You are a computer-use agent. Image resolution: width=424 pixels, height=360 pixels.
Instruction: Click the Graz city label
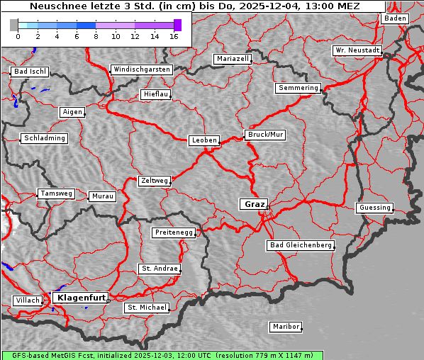(x=254, y=204)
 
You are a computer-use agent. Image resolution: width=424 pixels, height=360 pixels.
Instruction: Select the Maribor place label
(x=285, y=327)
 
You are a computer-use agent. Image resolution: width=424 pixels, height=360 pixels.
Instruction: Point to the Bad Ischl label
(x=30, y=72)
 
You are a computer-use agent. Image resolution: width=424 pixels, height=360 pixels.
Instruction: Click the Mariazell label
(x=233, y=59)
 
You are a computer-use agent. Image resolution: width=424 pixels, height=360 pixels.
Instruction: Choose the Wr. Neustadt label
(x=357, y=51)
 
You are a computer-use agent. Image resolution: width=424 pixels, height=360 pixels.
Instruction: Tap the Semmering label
(x=298, y=88)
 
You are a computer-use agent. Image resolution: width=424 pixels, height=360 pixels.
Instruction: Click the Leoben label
(x=203, y=140)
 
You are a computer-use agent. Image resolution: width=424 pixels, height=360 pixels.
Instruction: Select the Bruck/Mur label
(x=264, y=135)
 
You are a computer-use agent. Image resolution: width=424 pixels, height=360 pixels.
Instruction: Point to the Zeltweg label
(x=154, y=181)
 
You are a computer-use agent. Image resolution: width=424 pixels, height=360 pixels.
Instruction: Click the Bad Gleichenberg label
(x=300, y=245)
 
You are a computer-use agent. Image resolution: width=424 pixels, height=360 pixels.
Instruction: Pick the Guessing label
(x=374, y=208)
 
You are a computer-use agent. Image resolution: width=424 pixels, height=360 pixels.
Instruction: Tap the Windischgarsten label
(x=141, y=69)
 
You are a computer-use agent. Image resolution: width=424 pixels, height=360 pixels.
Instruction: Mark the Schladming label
(x=44, y=138)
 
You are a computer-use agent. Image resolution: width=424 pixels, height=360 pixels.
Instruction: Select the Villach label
(x=27, y=300)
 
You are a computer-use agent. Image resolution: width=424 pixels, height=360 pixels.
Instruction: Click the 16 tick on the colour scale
(x=174, y=35)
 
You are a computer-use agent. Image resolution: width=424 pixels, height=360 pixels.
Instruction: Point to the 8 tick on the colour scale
(x=96, y=35)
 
